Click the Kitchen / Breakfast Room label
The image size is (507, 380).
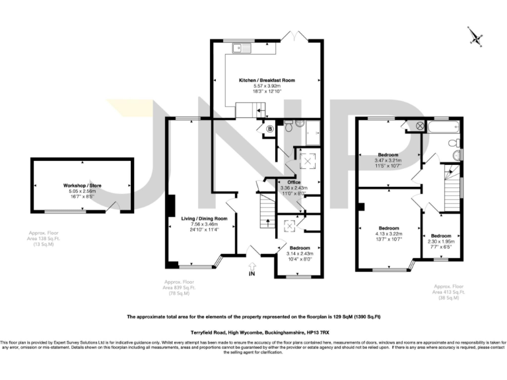pyautogui.click(x=267, y=80)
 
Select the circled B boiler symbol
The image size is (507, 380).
pyautogui.click(x=269, y=128)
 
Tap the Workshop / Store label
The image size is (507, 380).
pyautogui.click(x=83, y=186)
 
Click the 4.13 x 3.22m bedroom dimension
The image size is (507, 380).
pyautogui.click(x=389, y=234)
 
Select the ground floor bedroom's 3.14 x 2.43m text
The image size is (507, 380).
pyautogui.click(x=299, y=253)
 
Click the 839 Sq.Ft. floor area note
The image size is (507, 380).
pyautogui.click(x=180, y=288)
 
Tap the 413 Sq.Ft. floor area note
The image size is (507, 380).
pyautogui.click(x=450, y=293)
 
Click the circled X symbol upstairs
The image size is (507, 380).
pyautogui.click(x=419, y=125)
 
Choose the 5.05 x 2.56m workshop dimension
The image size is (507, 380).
pyautogui.click(x=83, y=191)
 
